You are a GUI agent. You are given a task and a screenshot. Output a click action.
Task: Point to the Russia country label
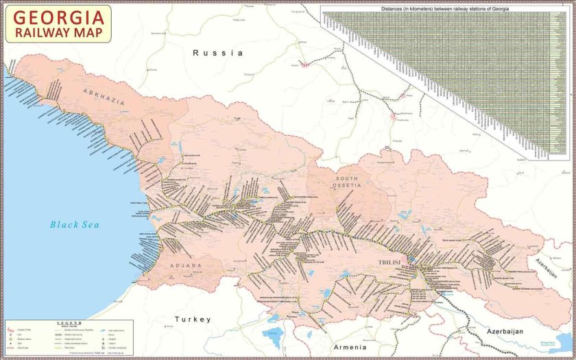[217, 53]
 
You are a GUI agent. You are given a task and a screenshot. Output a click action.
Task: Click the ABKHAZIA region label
[104, 97]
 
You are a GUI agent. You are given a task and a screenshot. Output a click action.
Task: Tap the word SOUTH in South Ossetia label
[347, 178]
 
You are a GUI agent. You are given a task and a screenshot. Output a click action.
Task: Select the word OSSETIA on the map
[347, 186]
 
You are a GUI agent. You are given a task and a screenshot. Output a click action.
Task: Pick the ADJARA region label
[182, 265]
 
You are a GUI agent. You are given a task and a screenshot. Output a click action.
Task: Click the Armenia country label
[350, 348]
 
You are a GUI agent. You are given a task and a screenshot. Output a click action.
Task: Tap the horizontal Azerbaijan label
[505, 332]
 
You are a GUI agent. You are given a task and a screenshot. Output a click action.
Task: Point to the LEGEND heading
[70, 322]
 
